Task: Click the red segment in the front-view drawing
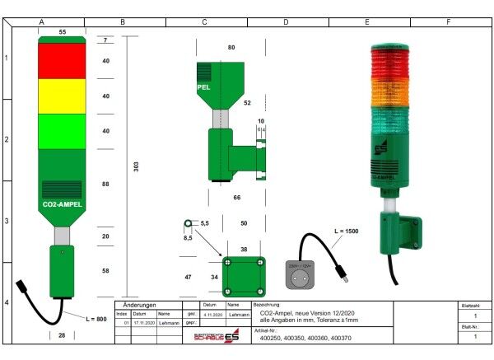(x=63, y=60)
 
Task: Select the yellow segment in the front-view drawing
(x=63, y=96)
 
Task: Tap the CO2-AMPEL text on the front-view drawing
(x=62, y=203)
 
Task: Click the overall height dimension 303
(x=136, y=166)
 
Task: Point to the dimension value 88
(x=105, y=185)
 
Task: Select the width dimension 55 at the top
(x=63, y=30)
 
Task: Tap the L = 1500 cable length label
(x=346, y=231)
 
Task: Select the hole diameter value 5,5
(x=205, y=223)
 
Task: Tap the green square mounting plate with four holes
(x=243, y=277)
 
